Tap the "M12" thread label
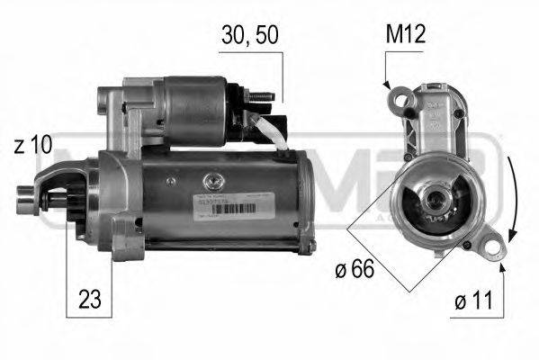click(406, 36)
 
